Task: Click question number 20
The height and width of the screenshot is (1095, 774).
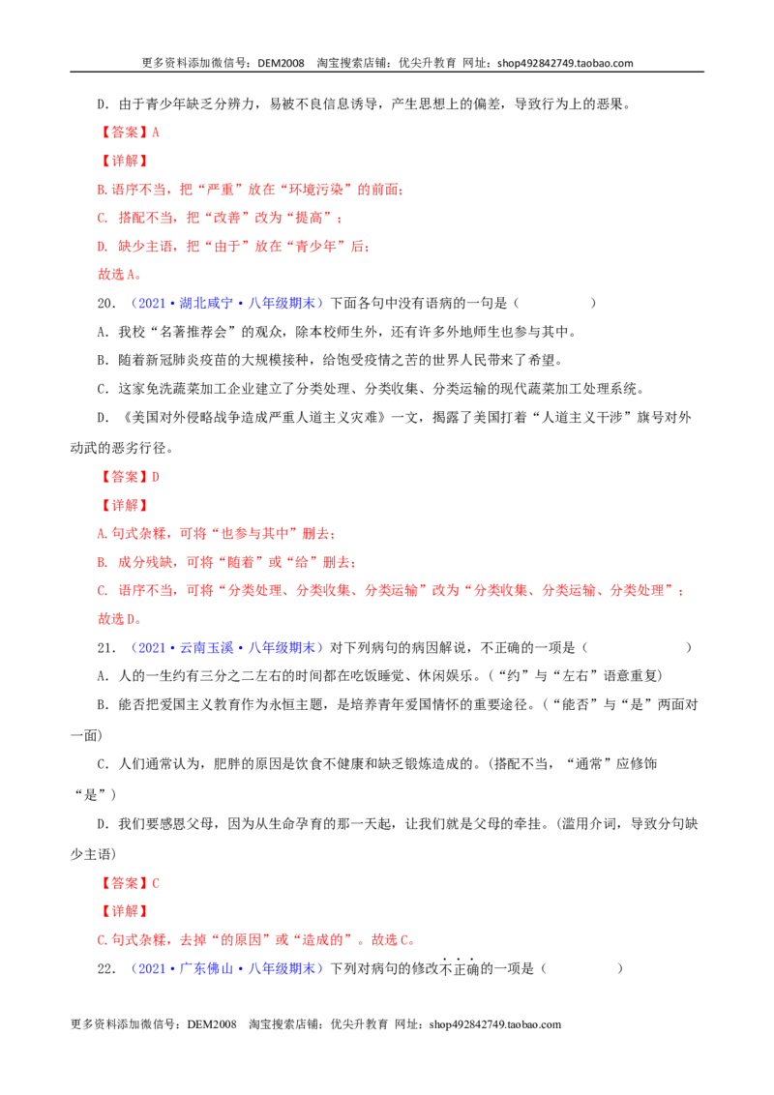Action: [x=106, y=303]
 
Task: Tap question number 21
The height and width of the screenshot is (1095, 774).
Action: [x=106, y=648]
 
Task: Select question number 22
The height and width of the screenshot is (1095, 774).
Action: [x=106, y=968]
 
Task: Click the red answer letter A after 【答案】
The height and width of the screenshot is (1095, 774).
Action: [x=155, y=132]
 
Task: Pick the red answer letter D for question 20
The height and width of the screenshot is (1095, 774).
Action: [x=155, y=477]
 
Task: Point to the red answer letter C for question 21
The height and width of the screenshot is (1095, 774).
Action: [x=155, y=883]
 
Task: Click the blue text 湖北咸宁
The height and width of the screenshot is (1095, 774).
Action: [x=206, y=303]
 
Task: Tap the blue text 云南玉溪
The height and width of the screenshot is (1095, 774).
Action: [x=206, y=648]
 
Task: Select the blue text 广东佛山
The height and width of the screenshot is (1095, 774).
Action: [x=206, y=968]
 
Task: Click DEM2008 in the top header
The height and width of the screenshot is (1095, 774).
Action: [x=281, y=63]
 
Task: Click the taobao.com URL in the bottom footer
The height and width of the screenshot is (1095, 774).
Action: [x=495, y=1024]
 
